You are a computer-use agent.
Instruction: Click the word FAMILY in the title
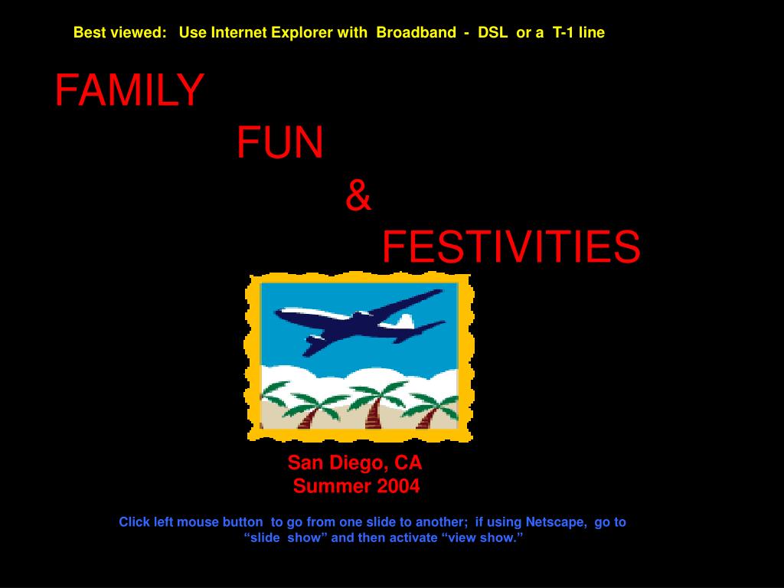coord(129,90)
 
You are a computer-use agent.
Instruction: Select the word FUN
coord(280,142)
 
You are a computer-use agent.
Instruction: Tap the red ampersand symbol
coord(358,195)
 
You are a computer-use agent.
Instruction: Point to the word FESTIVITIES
coord(511,247)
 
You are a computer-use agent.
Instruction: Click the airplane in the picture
coord(360,322)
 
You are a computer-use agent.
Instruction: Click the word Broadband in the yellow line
coord(416,32)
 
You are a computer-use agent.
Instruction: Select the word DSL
coord(492,32)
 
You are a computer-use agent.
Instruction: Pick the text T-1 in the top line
coord(563,32)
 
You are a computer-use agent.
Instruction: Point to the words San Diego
coord(338,463)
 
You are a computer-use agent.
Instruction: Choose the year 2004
coord(398,486)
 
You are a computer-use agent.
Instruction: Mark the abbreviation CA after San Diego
coord(408,462)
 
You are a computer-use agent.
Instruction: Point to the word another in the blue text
coord(442,522)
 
